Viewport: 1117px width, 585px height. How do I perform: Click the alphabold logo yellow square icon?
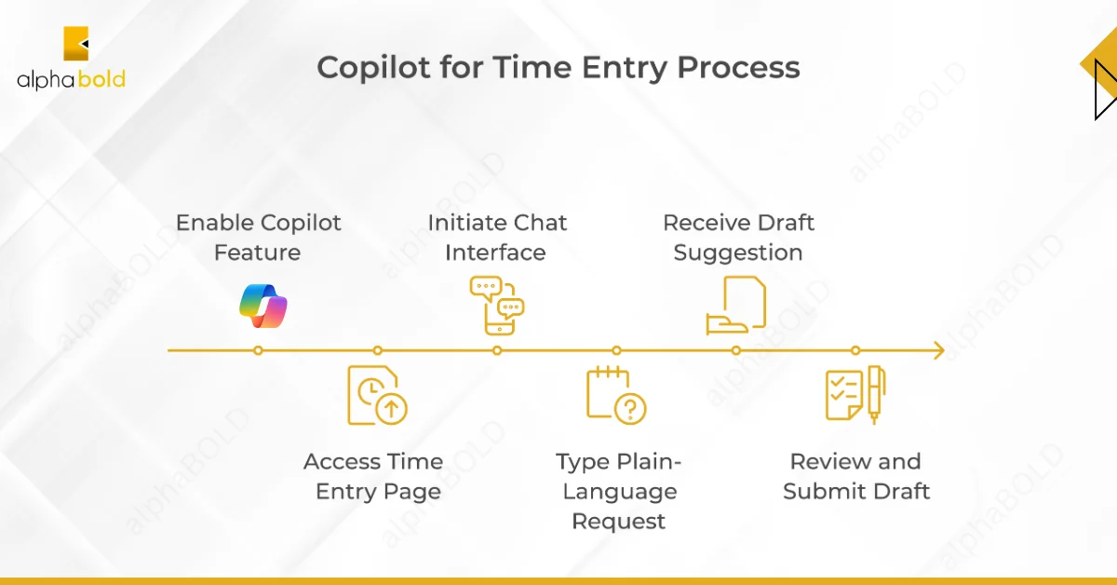click(x=75, y=44)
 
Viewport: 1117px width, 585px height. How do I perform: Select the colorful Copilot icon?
click(x=262, y=305)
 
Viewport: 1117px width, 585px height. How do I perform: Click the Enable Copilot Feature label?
click(x=258, y=238)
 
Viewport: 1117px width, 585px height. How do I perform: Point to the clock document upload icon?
click(x=377, y=395)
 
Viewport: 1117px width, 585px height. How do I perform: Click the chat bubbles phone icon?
click(x=497, y=305)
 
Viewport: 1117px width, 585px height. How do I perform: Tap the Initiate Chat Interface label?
click(x=496, y=238)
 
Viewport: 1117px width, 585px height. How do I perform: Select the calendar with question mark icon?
click(x=615, y=395)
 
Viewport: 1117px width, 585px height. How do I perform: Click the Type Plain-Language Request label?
click(x=618, y=491)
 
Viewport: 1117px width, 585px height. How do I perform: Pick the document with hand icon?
click(x=735, y=305)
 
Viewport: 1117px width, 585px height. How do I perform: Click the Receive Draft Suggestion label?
click(x=737, y=238)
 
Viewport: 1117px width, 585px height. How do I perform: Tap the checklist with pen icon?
click(x=855, y=395)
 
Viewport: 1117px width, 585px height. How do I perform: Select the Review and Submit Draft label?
click(x=855, y=476)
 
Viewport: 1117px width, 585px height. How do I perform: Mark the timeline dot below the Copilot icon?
click(x=258, y=350)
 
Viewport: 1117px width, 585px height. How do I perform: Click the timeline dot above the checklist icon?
click(x=855, y=350)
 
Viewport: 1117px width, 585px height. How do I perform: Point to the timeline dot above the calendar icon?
click(x=616, y=350)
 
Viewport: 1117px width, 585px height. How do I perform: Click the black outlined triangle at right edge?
click(x=1105, y=89)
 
